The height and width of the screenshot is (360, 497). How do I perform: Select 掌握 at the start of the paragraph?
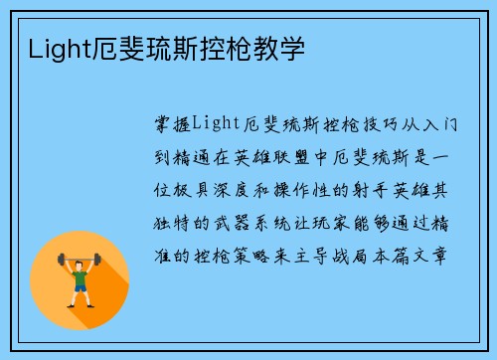[x=169, y=122]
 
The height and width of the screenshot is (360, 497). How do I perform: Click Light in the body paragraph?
[x=210, y=122]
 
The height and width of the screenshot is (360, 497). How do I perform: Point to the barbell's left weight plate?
[x=62, y=260]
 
